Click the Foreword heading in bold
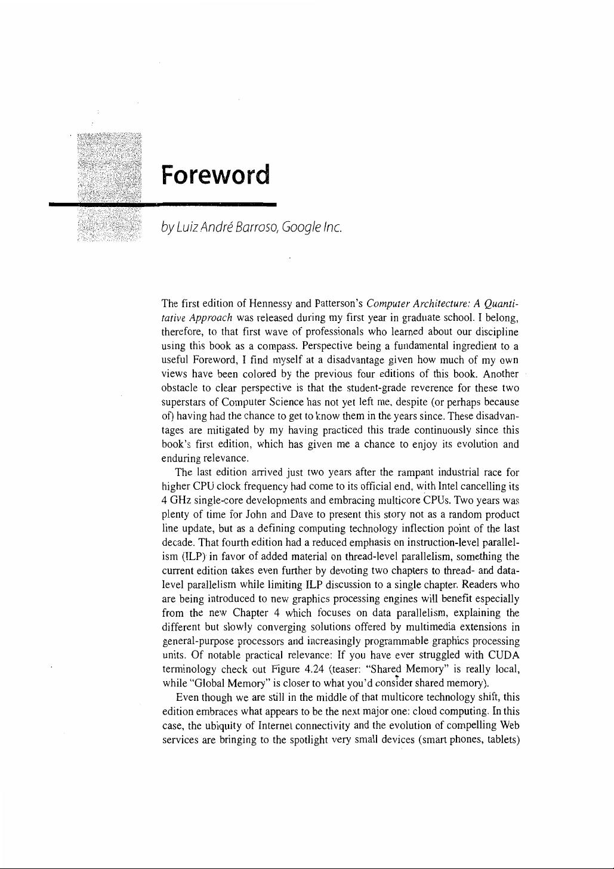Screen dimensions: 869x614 pyautogui.click(x=215, y=175)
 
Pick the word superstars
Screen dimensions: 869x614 pyautogui.click(x=183, y=402)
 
